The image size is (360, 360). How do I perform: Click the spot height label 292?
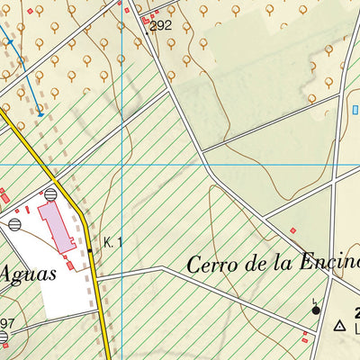(161, 26)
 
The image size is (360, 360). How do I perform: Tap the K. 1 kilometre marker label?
(112, 242)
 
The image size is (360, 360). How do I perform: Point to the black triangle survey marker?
(340, 326)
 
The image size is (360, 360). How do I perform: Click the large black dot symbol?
(316, 310)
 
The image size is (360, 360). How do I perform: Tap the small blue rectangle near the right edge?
(355, 110)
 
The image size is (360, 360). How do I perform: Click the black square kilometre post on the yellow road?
(90, 250)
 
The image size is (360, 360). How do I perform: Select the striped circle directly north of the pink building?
(50, 193)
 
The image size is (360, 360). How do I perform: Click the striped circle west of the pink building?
(14, 223)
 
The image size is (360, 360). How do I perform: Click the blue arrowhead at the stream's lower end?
(40, 113)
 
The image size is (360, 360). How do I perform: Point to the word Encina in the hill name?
(332, 265)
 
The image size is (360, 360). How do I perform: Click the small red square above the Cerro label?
(293, 230)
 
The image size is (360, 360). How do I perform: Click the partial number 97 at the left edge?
(7, 324)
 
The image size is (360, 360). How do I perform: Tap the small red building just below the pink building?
(70, 265)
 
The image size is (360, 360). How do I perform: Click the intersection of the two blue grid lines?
(121, 165)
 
